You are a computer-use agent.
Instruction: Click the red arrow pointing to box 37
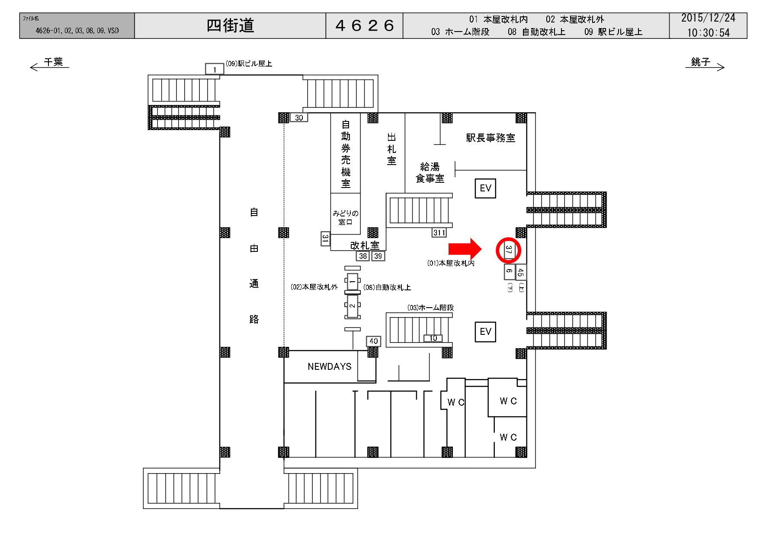pyautogui.click(x=465, y=249)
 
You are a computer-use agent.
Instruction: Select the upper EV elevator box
pyautogui.click(x=485, y=188)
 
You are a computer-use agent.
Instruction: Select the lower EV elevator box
pyautogui.click(x=485, y=332)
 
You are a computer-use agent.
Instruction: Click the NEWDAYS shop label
pyautogui.click(x=329, y=367)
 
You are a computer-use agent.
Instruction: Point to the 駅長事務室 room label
pyautogui.click(x=491, y=138)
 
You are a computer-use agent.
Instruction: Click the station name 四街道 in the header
pyautogui.click(x=230, y=26)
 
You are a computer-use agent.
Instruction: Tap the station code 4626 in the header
pyautogui.click(x=364, y=26)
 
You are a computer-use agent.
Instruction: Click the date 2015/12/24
pyautogui.click(x=708, y=18)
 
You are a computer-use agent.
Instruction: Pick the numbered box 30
pyautogui.click(x=299, y=118)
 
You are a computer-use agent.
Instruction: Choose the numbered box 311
pyautogui.click(x=439, y=233)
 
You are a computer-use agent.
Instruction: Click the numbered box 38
pyautogui.click(x=363, y=256)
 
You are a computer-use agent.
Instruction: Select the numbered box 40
pyautogui.click(x=373, y=341)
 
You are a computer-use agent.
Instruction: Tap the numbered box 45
pyautogui.click(x=521, y=272)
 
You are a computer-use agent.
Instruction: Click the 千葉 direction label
pyautogui.click(x=53, y=62)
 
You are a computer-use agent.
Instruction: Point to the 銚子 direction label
pyautogui.click(x=700, y=62)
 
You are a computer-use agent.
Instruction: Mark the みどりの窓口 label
pyautogui.click(x=345, y=218)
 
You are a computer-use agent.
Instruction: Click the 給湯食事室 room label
pyautogui.click(x=430, y=173)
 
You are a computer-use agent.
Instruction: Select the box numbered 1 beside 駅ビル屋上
pyautogui.click(x=214, y=69)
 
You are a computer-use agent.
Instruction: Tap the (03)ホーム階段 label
pyautogui.click(x=430, y=308)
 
